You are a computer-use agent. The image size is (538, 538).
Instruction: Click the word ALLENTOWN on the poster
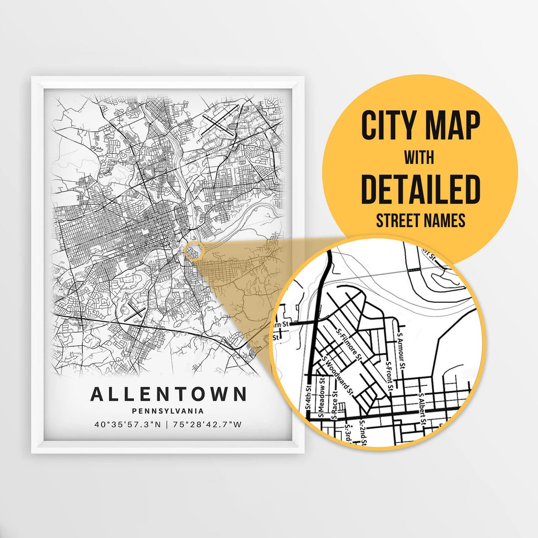tap(168, 394)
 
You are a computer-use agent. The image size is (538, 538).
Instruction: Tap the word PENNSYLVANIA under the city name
tap(168, 411)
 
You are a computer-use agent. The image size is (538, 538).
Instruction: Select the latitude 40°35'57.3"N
tap(129, 425)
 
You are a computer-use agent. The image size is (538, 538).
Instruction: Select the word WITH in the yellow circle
tap(420, 158)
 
